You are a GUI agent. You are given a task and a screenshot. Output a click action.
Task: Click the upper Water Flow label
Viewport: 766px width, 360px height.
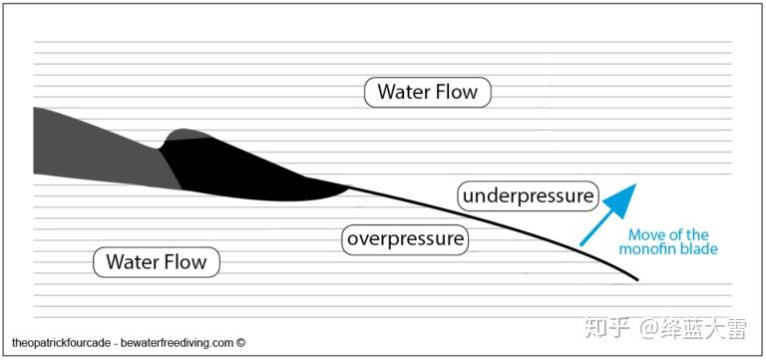click(x=428, y=92)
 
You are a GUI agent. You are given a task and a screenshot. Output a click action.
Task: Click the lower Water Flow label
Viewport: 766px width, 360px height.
click(x=157, y=262)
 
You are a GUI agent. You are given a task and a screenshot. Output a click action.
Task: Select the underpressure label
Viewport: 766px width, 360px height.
click(x=528, y=195)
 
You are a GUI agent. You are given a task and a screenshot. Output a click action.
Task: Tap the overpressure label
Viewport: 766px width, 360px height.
click(x=405, y=239)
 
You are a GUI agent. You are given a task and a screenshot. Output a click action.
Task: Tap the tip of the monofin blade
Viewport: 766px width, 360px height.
click(x=637, y=280)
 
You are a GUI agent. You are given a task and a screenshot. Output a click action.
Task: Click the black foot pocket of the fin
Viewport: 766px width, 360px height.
click(x=244, y=171)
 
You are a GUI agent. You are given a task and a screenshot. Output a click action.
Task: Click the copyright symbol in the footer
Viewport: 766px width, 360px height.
click(x=240, y=342)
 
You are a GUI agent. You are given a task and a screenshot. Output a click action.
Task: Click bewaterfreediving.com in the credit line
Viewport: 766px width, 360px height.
click(x=177, y=343)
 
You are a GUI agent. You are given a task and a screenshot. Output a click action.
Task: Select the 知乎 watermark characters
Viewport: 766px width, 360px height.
click(x=605, y=327)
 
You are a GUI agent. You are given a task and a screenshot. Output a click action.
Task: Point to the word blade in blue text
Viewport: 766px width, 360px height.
click(x=700, y=249)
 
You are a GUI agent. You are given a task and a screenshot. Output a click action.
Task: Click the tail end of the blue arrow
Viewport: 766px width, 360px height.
click(x=580, y=244)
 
